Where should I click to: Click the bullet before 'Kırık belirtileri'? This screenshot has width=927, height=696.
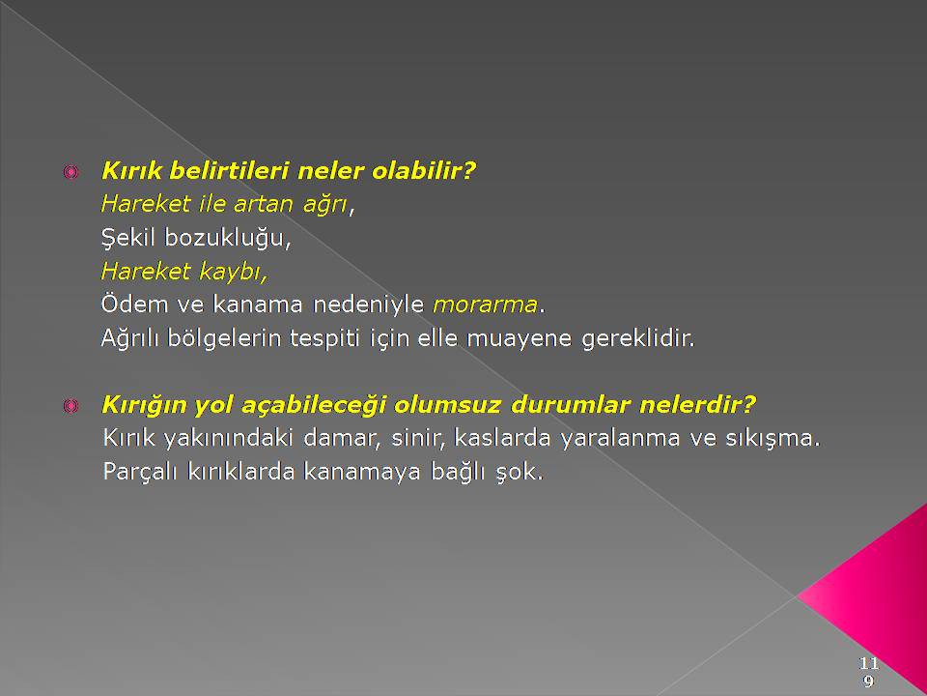(70, 172)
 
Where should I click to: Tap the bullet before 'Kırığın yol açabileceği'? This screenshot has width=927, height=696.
(70, 406)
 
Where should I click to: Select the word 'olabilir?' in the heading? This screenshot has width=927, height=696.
(423, 170)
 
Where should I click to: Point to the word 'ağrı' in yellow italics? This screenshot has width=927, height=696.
(324, 205)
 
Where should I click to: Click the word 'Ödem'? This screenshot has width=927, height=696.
(135, 304)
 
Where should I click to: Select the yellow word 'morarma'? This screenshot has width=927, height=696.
(486, 304)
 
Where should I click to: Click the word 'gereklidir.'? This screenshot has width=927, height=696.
(638, 338)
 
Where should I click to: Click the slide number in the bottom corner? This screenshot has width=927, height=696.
(869, 671)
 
